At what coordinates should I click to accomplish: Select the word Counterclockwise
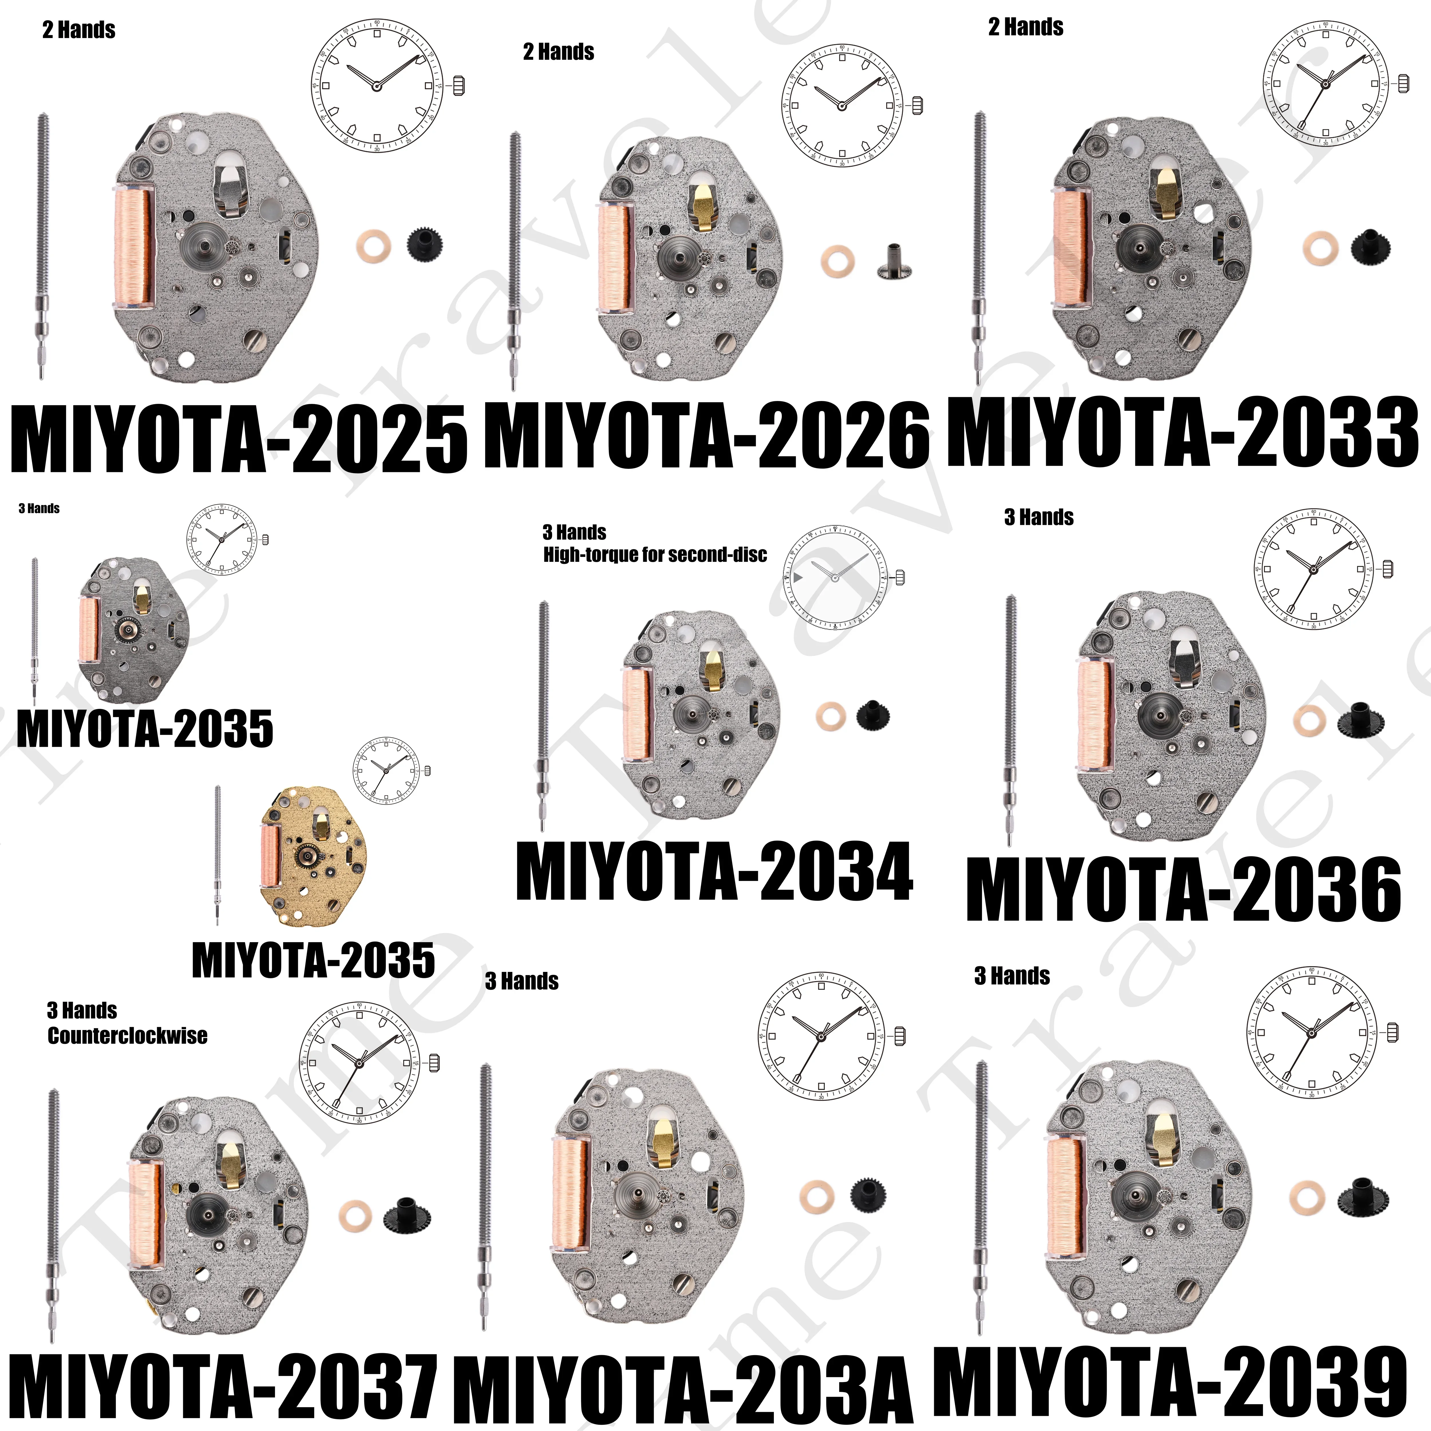(127, 1035)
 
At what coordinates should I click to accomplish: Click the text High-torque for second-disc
(655, 555)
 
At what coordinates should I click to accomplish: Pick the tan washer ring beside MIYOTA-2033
(1321, 249)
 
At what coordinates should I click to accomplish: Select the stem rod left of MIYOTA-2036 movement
(1010, 718)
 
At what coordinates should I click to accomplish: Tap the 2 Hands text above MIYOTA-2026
(558, 52)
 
